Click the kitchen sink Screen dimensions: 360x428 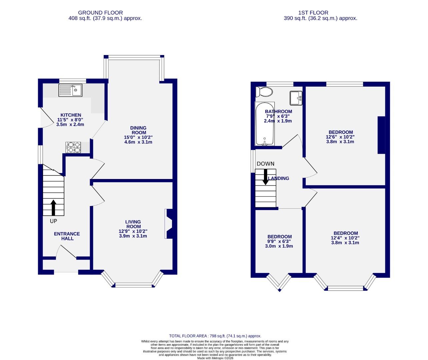coord(70,90)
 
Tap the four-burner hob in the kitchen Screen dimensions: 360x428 coord(73,147)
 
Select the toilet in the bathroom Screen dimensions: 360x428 coord(264,91)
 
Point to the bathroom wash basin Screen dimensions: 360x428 coord(296,98)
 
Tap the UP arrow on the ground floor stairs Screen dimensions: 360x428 coord(53,207)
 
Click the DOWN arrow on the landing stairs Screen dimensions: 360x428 coord(266,177)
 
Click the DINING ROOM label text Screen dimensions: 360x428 coord(138,130)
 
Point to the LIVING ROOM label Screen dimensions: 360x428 coord(133,224)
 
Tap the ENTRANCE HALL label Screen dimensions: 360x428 coord(67,236)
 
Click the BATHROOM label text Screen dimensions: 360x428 coord(278,112)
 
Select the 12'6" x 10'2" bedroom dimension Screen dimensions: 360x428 coord(340,137)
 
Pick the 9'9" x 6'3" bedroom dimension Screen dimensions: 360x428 coord(279,241)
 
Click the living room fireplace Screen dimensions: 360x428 coord(169,224)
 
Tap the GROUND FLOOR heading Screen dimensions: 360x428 coord(105,13)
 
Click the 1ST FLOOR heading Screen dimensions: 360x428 coord(320,13)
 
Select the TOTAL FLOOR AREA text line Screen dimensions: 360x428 coord(215,336)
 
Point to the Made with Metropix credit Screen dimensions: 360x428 coord(215,358)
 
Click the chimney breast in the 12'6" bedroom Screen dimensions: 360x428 coord(381,135)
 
